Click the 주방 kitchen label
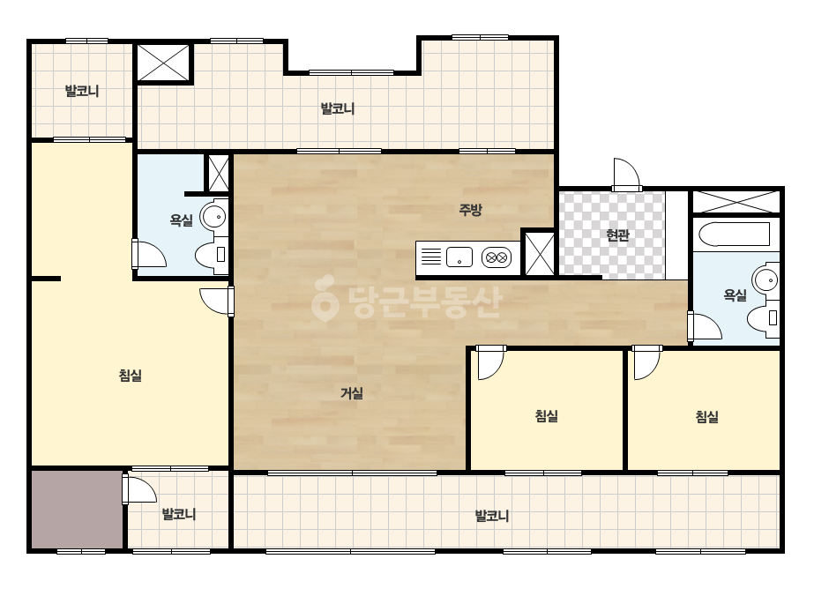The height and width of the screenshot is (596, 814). coord(470,209)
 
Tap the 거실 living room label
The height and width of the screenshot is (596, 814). coord(352,393)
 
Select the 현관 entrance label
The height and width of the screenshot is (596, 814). coord(617,235)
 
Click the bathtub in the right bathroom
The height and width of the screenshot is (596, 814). coord(734,235)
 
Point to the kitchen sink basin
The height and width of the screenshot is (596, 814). coord(459,257)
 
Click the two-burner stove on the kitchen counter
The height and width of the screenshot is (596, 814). coord(497,257)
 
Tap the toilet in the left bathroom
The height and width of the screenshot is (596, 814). coord(212,255)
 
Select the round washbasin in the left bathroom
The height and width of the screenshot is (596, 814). coord(214,217)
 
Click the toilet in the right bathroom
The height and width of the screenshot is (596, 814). coord(763,317)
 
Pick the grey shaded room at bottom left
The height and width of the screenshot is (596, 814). coord(77,510)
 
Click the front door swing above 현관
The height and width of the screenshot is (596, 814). coord(625,175)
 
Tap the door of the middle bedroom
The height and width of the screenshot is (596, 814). coord(490,362)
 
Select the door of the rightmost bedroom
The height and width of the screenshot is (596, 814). coord(646,362)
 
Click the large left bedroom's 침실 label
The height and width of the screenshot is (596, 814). coord(131,375)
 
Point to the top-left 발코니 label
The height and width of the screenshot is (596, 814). coord(81,91)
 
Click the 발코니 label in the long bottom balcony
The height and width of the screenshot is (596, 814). coord(491,516)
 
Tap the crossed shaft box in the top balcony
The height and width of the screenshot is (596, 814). coord(164,63)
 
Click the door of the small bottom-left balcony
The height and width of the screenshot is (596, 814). coord(139,488)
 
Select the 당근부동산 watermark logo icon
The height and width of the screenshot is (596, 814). coord(325,298)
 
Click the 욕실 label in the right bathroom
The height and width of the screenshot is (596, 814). coord(735,294)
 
